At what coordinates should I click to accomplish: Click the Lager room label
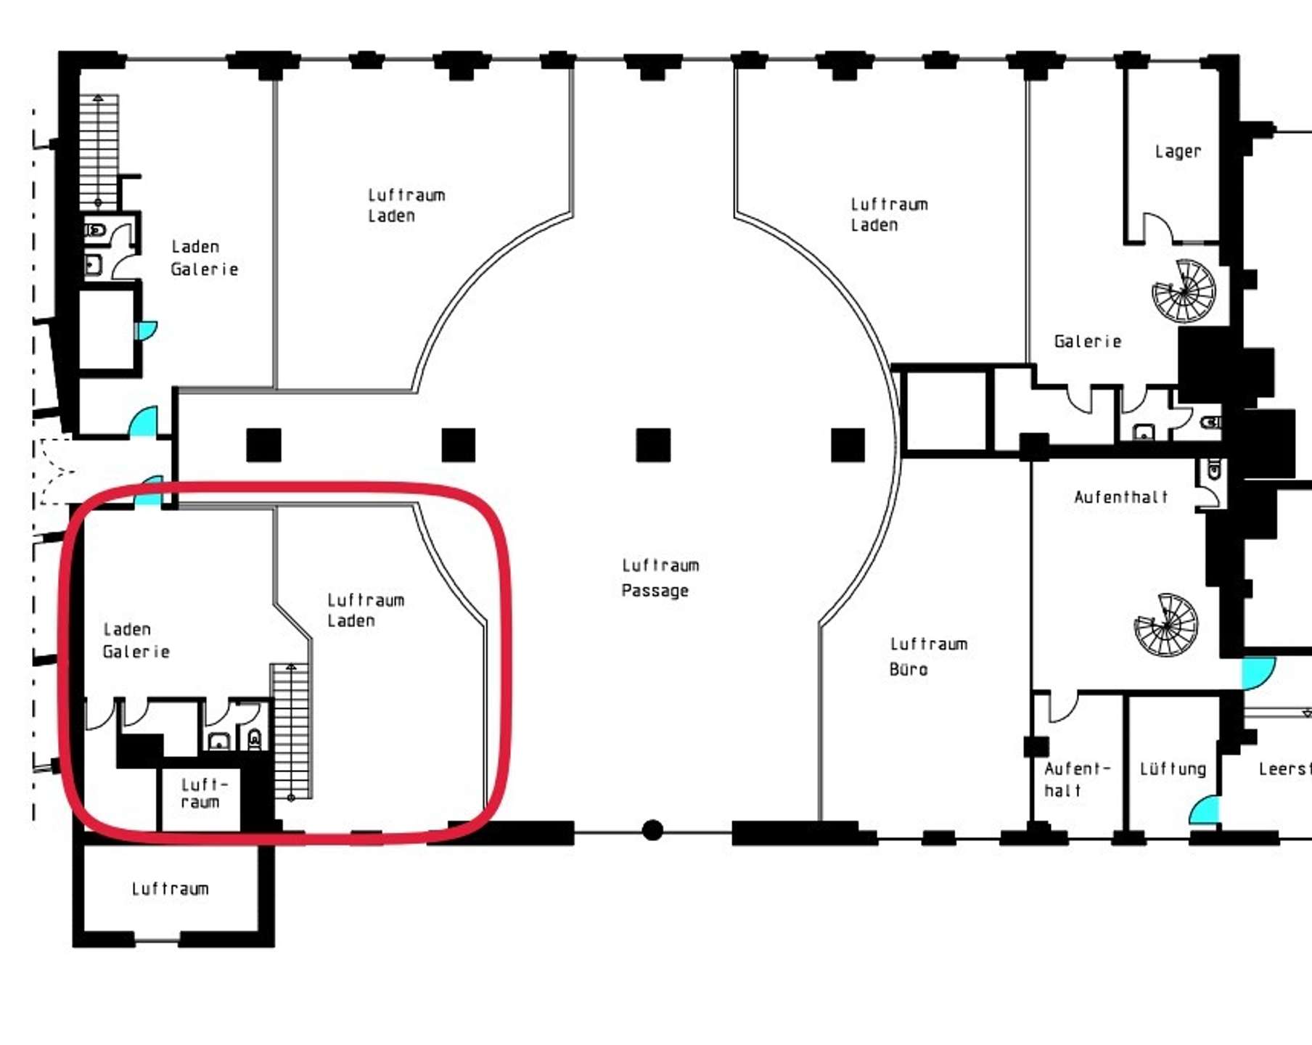tap(1178, 152)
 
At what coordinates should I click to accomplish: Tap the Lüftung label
tap(1173, 769)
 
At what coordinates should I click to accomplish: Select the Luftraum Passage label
tap(660, 578)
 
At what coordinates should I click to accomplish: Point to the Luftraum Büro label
tap(928, 656)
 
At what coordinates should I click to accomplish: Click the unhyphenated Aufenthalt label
tap(1121, 497)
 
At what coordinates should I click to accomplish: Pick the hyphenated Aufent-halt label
tap(1077, 779)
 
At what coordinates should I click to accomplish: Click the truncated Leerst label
tap(1284, 769)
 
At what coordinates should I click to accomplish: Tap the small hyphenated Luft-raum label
tap(201, 793)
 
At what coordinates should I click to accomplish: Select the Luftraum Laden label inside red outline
tap(365, 610)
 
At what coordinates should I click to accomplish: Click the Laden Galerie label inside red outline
tap(136, 640)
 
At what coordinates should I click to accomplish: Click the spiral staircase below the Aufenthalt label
tap(1167, 625)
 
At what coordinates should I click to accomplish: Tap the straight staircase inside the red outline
tap(291, 731)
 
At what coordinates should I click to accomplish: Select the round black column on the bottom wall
tap(652, 830)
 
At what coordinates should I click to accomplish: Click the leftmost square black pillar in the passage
tap(263, 445)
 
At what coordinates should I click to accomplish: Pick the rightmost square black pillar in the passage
tap(848, 445)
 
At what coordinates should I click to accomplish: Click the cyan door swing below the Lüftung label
tap(1205, 810)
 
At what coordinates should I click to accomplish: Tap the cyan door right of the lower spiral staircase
tap(1257, 673)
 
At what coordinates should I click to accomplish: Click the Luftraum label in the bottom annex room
tap(170, 889)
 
